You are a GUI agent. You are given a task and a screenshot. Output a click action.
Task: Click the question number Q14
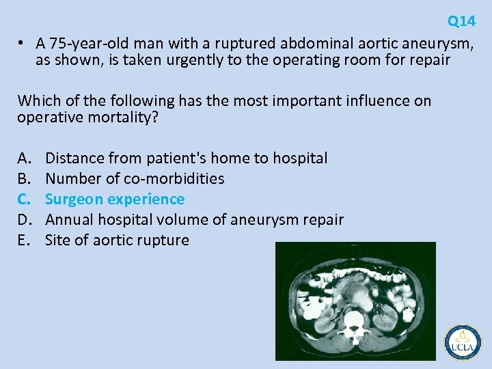461,21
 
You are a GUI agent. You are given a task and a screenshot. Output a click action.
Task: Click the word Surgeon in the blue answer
72,200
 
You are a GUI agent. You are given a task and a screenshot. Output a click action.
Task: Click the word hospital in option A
300,159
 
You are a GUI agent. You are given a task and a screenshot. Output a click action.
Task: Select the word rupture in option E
164,241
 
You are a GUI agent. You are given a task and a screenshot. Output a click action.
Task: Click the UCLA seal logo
463,342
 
